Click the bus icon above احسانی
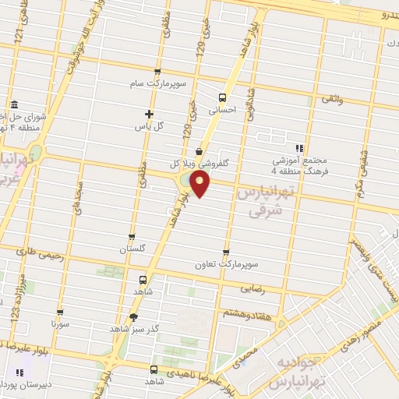[223, 98]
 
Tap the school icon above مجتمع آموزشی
[298, 147]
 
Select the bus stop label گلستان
[132, 249]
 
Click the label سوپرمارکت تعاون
[226, 265]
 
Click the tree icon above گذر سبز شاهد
[133, 317]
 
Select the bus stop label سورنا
[60, 322]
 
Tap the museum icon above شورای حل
[13, 105]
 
